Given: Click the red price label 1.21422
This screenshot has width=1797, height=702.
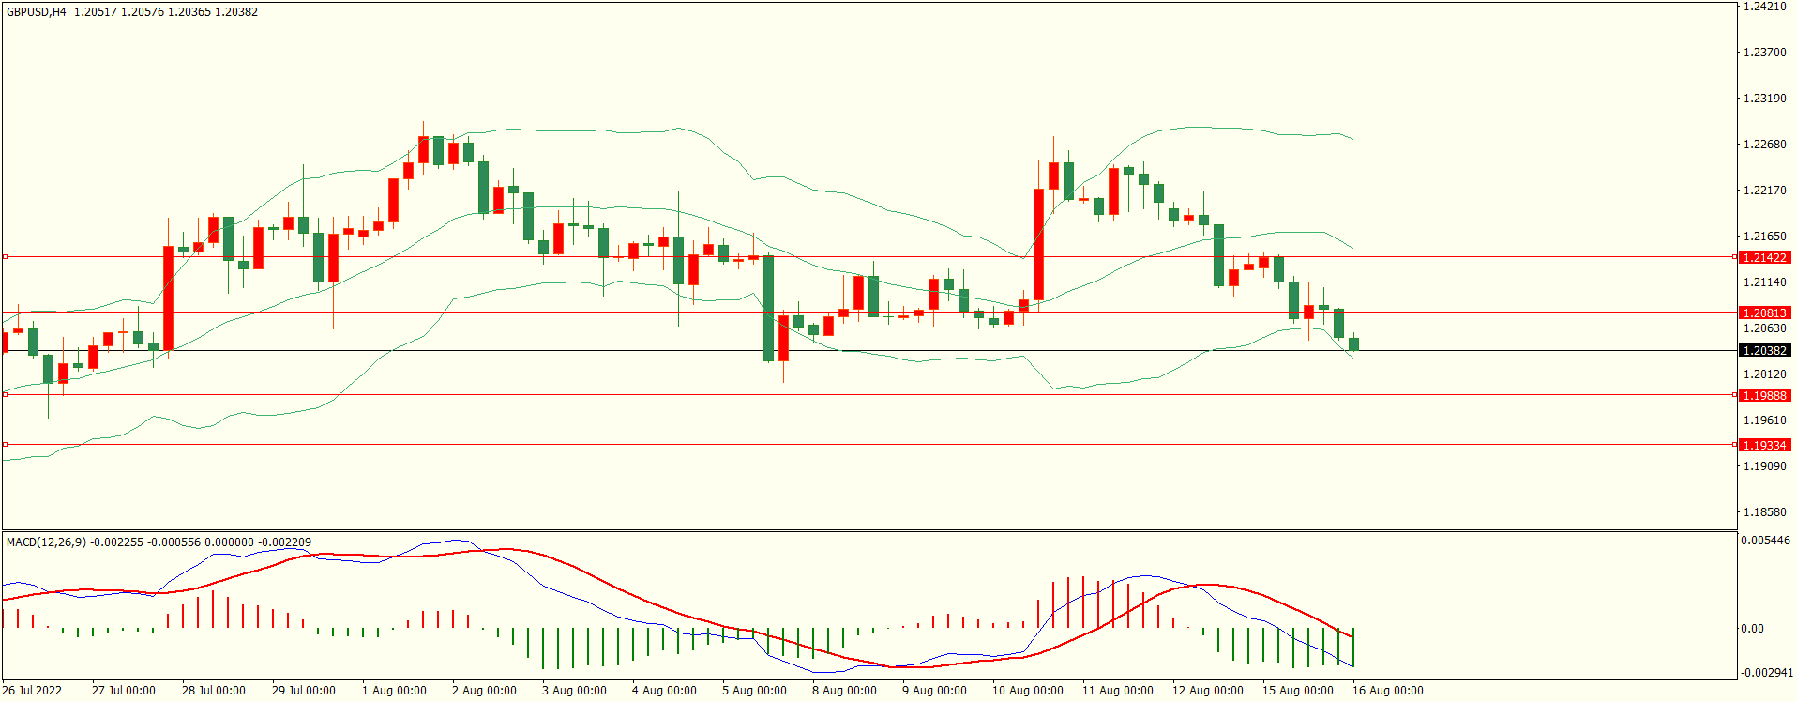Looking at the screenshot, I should pyautogui.click(x=1763, y=257).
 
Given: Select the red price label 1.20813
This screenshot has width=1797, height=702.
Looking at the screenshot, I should pyautogui.click(x=1763, y=313).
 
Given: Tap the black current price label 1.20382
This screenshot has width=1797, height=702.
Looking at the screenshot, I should pyautogui.click(x=1763, y=350).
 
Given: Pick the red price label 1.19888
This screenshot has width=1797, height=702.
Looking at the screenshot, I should pyautogui.click(x=1763, y=395).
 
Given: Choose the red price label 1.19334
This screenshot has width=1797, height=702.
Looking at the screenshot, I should pyautogui.click(x=1763, y=445).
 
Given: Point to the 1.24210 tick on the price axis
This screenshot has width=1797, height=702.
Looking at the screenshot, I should pyautogui.click(x=1763, y=7).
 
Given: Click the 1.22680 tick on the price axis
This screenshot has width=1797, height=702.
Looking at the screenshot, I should pyautogui.click(x=1763, y=145).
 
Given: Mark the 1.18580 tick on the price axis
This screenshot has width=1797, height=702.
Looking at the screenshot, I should pyautogui.click(x=1763, y=512).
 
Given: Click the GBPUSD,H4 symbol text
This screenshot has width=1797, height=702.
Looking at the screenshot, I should pyautogui.click(x=37, y=12).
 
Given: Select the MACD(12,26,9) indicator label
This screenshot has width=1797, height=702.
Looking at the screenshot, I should pyautogui.click(x=46, y=542).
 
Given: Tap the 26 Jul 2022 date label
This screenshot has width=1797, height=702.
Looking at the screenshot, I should pyautogui.click(x=32, y=691).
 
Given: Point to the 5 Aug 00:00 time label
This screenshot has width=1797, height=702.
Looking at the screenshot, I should pyautogui.click(x=754, y=691).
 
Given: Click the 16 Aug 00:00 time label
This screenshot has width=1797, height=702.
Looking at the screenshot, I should pyautogui.click(x=1387, y=691).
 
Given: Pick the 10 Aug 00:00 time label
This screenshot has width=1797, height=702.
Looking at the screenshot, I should pyautogui.click(x=1027, y=691).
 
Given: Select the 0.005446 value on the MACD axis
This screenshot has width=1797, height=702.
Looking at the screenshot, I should pyautogui.click(x=1765, y=541).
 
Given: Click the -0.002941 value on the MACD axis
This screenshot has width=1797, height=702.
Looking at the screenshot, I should pyautogui.click(x=1765, y=673).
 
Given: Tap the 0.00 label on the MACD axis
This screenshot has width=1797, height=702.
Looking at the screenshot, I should pyautogui.click(x=1752, y=629).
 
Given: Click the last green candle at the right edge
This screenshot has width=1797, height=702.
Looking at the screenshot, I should pyautogui.click(x=1353, y=344).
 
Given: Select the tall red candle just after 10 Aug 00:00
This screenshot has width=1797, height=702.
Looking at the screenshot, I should pyautogui.click(x=1038, y=244).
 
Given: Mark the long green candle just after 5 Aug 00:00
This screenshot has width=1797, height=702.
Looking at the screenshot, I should pyautogui.click(x=768, y=308).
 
